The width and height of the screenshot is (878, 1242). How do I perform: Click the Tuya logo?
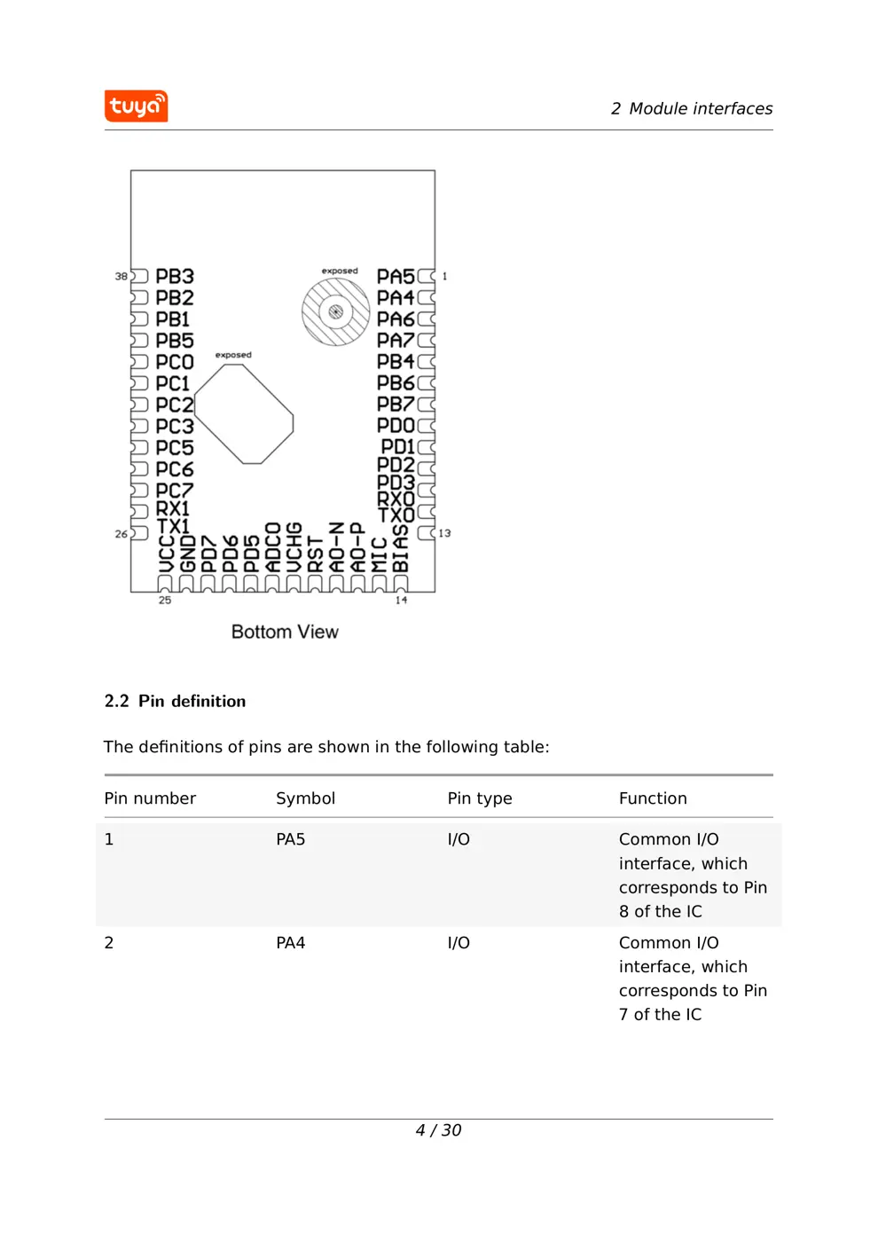point(136,106)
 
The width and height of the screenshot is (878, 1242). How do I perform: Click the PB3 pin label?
point(174,277)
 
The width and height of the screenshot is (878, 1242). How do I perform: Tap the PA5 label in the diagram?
point(395,277)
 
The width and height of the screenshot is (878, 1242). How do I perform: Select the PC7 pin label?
point(174,491)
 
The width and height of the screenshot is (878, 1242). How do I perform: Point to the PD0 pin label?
point(395,426)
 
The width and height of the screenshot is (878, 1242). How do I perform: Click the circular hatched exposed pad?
point(335,312)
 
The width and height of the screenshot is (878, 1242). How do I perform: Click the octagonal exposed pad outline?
point(243,413)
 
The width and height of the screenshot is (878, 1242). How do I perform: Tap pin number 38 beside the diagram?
point(121,277)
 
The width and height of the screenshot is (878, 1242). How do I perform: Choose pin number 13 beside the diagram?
point(444,533)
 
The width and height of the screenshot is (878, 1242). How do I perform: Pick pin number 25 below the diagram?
point(165,601)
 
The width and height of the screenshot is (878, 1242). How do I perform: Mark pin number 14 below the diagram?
point(401,601)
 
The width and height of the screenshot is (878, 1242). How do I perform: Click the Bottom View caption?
point(285,632)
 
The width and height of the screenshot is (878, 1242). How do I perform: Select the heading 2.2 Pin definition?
point(175,701)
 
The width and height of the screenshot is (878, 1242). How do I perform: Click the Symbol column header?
point(305,798)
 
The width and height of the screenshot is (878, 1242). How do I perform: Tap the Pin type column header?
point(480,798)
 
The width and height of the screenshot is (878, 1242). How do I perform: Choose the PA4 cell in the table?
point(290,943)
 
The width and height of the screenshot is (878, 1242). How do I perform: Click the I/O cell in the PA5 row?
point(459,839)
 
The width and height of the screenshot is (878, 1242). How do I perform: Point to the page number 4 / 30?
point(438,1130)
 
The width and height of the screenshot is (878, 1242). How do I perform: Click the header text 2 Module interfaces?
point(691,108)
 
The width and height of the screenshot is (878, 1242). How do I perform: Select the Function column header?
point(653,798)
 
